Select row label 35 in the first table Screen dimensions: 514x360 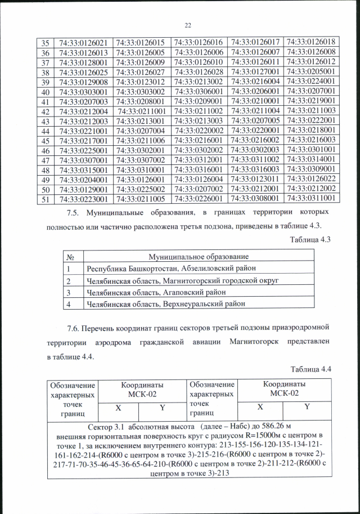click(45, 42)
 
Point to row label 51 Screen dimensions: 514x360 click(45, 199)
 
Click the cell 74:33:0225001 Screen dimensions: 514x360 click(83, 150)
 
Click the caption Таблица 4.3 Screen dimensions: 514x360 click(309, 239)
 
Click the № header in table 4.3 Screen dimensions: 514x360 click(72, 256)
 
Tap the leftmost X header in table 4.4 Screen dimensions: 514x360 click(118, 406)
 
